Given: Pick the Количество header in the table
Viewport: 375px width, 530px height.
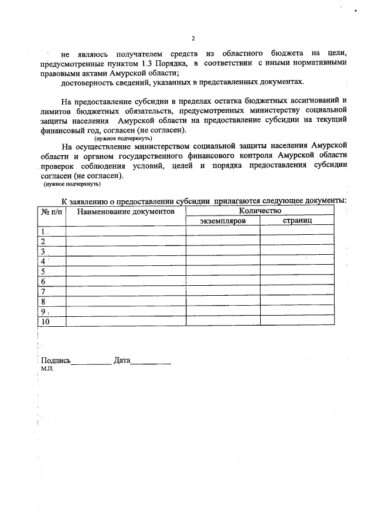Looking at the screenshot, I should pyautogui.click(x=260, y=210).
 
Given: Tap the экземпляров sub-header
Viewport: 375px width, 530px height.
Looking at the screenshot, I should pyautogui.click(x=223, y=221).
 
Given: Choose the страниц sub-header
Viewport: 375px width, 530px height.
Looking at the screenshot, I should pyautogui.click(x=297, y=221).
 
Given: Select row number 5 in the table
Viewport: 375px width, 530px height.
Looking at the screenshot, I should pyautogui.click(x=43, y=271).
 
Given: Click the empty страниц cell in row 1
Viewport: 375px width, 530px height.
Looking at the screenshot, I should pyautogui.click(x=297, y=231).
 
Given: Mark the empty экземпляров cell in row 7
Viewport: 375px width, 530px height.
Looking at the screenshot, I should pyautogui.click(x=223, y=291).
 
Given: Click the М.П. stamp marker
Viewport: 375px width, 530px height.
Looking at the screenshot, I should pyautogui.click(x=47, y=370).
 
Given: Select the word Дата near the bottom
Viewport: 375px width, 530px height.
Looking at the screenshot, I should pyautogui.click(x=121, y=361).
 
